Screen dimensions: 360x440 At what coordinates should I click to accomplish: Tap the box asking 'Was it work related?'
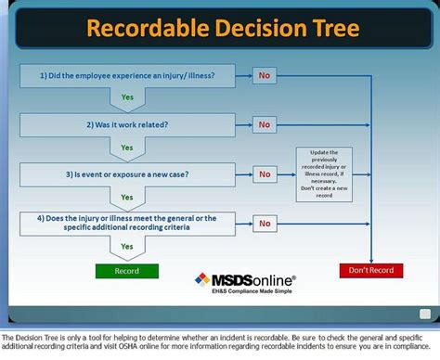125,123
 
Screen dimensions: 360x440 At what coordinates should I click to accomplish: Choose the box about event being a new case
125,174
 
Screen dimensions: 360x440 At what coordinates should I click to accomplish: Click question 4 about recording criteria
125,223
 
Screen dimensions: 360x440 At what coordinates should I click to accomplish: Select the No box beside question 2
265,124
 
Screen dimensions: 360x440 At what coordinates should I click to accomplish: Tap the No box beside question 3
265,174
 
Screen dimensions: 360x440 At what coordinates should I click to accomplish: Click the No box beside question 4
265,224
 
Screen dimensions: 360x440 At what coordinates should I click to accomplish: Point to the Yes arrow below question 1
127,96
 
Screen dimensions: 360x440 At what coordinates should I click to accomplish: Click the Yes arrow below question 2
127,147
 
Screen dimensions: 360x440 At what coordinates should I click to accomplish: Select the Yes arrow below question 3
127,197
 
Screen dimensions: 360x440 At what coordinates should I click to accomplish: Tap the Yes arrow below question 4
127,247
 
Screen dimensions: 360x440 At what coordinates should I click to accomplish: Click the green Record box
126,271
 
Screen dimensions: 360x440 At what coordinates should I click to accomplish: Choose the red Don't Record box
370,271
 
